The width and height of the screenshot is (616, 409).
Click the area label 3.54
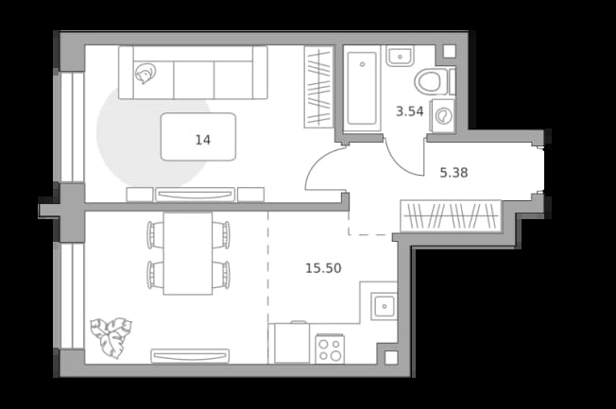(x=409, y=111)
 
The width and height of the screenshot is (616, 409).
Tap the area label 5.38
(x=453, y=173)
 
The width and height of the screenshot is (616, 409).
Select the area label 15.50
(x=323, y=268)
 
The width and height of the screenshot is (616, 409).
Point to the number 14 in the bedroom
(x=203, y=140)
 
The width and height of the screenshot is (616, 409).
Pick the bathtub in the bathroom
(x=362, y=88)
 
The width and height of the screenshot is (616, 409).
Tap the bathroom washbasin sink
(x=400, y=56)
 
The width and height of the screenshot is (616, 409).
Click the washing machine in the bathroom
(x=443, y=115)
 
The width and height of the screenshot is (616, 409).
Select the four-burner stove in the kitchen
(x=330, y=349)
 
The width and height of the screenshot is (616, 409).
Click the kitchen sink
(x=384, y=306)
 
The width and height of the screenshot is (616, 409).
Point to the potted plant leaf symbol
(x=111, y=337)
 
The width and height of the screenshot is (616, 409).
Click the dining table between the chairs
(x=188, y=253)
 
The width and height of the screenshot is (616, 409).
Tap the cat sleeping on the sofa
(x=145, y=74)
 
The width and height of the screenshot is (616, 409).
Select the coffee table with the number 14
(x=198, y=137)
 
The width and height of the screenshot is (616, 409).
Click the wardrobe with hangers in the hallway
(x=451, y=215)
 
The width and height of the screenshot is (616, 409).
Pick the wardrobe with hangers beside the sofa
(x=319, y=87)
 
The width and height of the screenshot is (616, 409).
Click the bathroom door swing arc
(x=397, y=162)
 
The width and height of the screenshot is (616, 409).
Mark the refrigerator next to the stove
(x=292, y=343)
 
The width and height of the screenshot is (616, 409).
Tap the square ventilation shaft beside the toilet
(x=449, y=51)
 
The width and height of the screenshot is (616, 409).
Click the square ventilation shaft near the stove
(x=391, y=358)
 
